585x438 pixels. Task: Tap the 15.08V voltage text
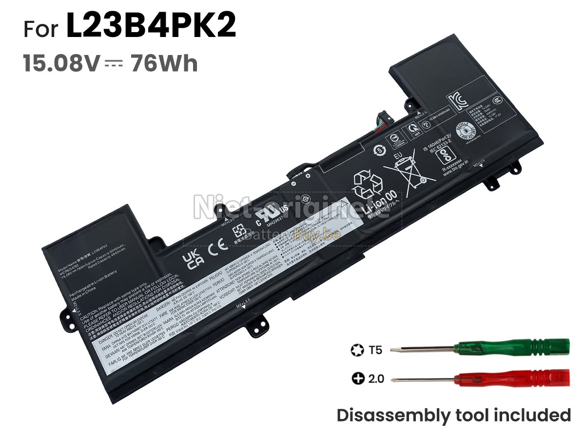point(61,64)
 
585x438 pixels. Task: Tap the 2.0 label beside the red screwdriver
point(375,378)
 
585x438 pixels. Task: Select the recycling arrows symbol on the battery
point(369,184)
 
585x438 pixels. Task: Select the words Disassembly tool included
point(453,415)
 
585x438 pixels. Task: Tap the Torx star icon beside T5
point(355,350)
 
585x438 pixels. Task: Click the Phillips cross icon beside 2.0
point(358,378)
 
